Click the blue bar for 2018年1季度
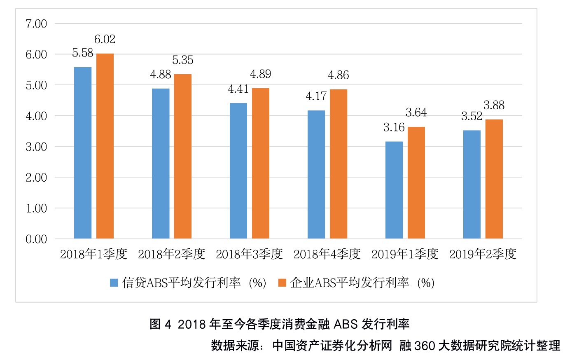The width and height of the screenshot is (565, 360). pos(83,153)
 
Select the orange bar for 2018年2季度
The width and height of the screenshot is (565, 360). pos(182,157)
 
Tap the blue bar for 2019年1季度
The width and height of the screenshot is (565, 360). pos(394,190)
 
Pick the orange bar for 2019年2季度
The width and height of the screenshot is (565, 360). pos(494,179)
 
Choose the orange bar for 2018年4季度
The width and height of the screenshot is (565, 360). pos(339,164)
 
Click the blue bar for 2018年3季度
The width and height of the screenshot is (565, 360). pos(238,171)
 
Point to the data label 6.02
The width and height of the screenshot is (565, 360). pos(105,40)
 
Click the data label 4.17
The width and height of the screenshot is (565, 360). pos(316,96)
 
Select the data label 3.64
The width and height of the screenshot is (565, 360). pos(416,112)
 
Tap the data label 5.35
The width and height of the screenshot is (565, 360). pos(182,60)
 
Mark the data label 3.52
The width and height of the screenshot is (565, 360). pos(472,116)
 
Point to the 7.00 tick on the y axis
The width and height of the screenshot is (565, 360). pos(36,24)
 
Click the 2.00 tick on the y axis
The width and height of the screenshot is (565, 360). pos(36,178)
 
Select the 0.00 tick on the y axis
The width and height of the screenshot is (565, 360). pos(36,239)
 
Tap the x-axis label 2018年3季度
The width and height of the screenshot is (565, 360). pos(249,254)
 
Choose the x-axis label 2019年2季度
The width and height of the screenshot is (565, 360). pos(483,254)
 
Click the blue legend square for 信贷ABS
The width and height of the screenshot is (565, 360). pos(114,283)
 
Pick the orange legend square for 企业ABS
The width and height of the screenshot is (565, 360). pos(282,283)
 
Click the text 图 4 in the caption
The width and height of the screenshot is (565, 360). pos(161,324)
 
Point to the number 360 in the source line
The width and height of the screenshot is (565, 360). pos(425,346)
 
